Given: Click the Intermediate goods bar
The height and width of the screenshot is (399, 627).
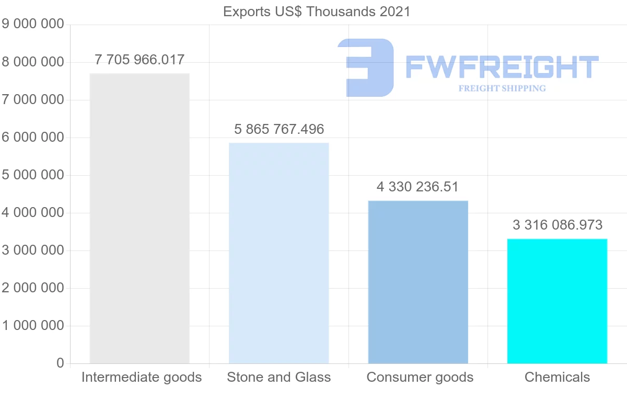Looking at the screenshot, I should click(140, 219).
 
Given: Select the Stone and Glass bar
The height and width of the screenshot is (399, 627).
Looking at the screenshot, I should click(279, 253).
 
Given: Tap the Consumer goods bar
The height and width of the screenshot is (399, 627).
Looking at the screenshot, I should click(418, 282).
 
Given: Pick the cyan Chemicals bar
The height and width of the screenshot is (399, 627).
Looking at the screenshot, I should click(557, 301).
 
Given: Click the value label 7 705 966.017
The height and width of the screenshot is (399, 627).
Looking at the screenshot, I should click(140, 60).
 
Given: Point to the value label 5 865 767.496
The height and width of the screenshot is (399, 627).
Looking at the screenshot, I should click(279, 129).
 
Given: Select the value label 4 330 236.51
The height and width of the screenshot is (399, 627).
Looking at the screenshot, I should click(417, 187).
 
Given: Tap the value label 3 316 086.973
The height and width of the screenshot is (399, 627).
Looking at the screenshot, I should click(558, 225).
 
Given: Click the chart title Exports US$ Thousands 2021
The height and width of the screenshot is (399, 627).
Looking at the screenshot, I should click(317, 12).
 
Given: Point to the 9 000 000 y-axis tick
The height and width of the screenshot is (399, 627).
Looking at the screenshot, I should click(33, 24).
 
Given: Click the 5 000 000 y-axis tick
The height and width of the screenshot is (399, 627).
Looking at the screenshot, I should click(33, 175).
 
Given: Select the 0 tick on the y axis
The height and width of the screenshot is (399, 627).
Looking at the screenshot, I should click(60, 363).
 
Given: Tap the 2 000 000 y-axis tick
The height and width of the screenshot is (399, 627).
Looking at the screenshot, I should click(33, 288).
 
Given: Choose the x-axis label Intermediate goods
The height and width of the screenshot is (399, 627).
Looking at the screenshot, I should click(142, 377).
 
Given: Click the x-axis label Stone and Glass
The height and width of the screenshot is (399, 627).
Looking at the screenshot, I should click(279, 377).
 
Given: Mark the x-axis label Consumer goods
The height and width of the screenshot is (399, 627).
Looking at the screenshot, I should click(420, 377).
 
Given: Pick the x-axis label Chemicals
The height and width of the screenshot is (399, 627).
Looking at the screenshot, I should click(557, 377).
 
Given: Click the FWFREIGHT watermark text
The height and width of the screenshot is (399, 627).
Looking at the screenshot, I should click(502, 67).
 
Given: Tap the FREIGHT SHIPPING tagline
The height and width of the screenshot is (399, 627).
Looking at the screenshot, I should click(502, 88).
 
